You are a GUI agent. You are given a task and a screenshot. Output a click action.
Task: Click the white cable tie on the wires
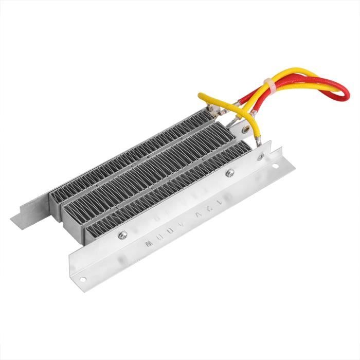click(268, 85)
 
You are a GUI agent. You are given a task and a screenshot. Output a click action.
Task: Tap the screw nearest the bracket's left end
click(122, 236)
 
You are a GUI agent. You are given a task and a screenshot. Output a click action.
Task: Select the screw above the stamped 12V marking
click(229, 173)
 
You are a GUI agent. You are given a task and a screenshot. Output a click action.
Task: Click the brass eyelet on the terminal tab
click(254, 124)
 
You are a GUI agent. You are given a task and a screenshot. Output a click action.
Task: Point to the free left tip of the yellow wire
click(201, 96)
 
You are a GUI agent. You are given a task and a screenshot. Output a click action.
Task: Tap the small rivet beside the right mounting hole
click(262, 156)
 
